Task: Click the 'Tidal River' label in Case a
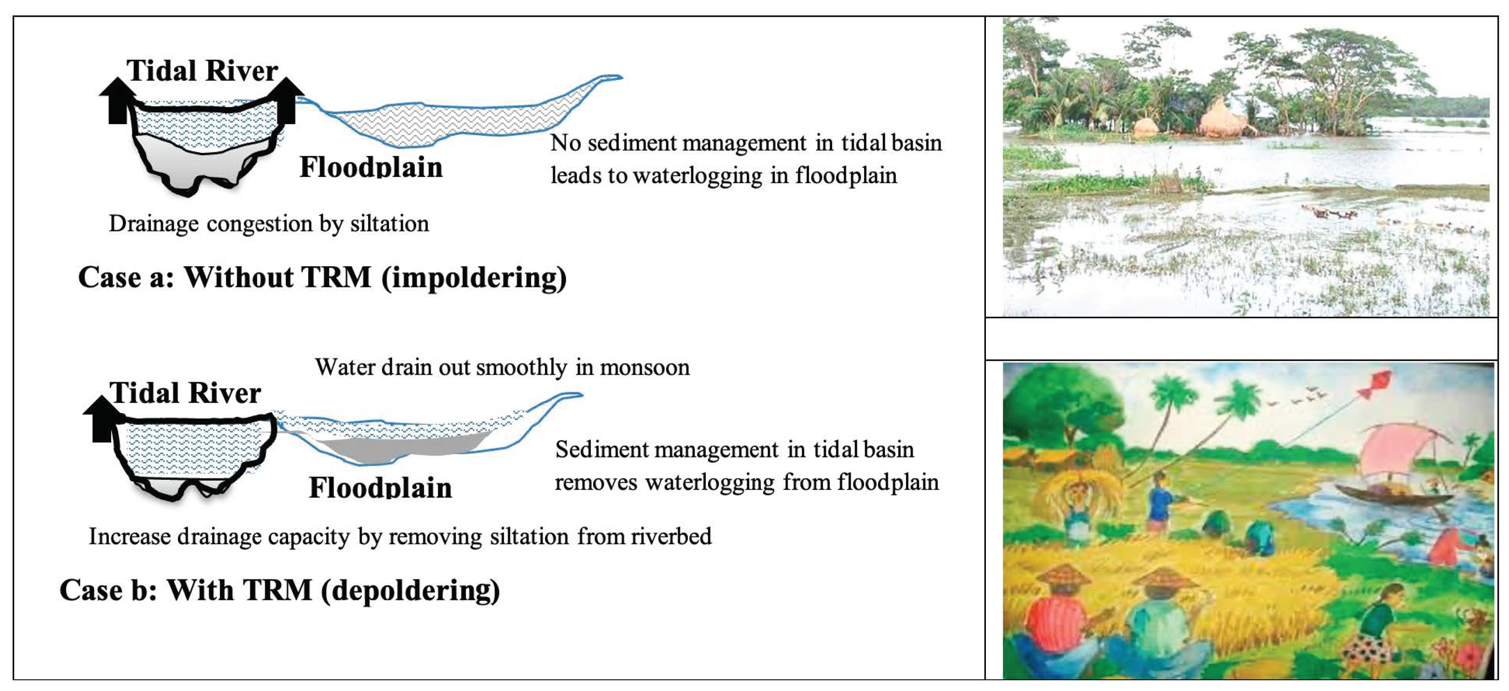[x=202, y=71]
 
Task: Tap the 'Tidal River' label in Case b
[x=185, y=392]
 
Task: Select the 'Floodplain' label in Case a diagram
[x=371, y=168]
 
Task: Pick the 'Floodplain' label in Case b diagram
[x=380, y=488]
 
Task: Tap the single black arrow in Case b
[x=102, y=419]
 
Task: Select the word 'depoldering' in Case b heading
[x=411, y=591]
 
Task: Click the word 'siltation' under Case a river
[x=390, y=223]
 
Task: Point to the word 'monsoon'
[x=645, y=368]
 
